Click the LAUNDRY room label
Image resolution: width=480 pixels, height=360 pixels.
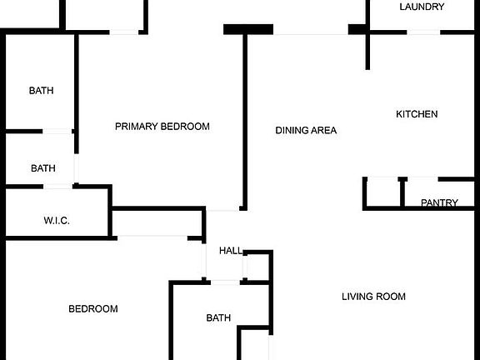tap(422, 7)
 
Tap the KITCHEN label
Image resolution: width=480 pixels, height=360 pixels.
tap(417, 114)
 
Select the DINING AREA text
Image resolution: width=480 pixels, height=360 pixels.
tap(306, 130)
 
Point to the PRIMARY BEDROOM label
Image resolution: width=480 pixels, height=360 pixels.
tap(162, 127)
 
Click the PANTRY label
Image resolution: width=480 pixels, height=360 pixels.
tap(439, 202)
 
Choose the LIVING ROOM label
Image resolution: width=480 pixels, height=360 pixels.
tap(373, 297)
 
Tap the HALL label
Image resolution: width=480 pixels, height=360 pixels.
tap(231, 251)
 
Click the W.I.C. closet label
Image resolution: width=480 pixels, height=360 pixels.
tap(57, 220)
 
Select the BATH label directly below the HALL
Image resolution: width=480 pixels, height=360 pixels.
tap(218, 317)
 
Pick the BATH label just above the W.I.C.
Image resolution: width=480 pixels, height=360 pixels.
tap(43, 168)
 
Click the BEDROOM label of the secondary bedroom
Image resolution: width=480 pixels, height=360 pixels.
tap(93, 308)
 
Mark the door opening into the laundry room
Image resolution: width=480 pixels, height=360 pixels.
tap(423, 32)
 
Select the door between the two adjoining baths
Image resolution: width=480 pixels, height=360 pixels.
tap(57, 132)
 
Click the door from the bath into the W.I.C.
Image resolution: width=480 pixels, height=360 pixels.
tap(58, 186)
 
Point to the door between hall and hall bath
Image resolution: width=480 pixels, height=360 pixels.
tap(225, 282)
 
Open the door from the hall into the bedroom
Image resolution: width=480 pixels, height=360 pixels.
tap(204, 260)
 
